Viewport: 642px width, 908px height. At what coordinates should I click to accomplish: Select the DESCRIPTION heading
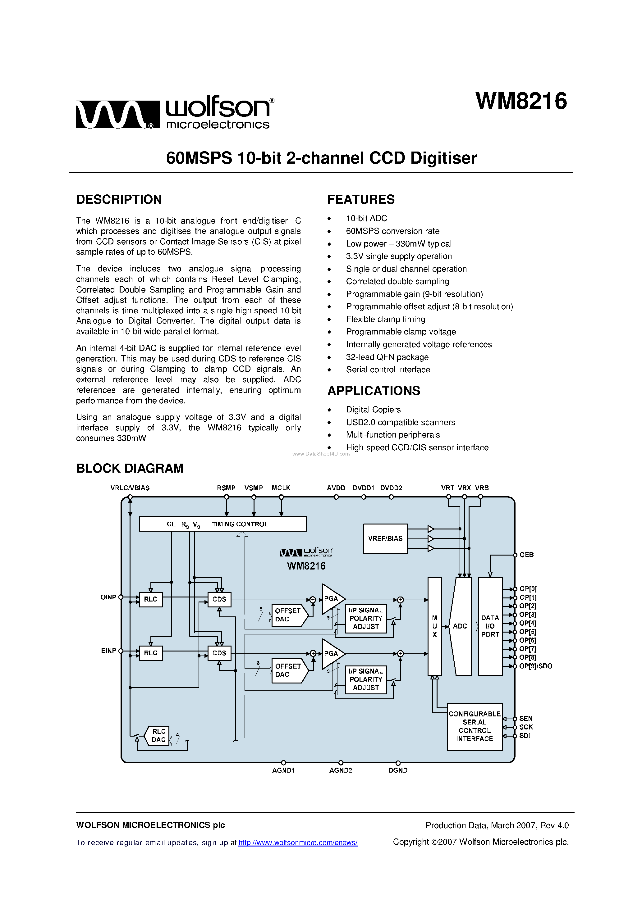[x=119, y=199]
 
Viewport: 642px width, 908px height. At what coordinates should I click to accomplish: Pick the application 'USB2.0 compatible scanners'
[x=400, y=422]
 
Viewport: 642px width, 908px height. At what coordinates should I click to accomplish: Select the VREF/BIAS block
[x=385, y=538]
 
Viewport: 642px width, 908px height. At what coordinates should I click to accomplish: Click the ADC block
[x=460, y=626]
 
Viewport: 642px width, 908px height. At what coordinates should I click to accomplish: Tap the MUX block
[x=435, y=626]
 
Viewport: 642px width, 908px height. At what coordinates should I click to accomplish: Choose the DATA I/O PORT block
[x=490, y=626]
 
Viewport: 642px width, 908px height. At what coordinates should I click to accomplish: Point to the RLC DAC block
[x=158, y=736]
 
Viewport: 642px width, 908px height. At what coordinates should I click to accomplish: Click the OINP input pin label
[x=108, y=597]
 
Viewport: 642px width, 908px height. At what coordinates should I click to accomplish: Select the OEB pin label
[x=526, y=555]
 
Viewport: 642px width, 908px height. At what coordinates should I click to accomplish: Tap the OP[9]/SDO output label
[x=535, y=666]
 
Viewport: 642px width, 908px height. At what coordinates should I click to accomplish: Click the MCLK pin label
[x=281, y=488]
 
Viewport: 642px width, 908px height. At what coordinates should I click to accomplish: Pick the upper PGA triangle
[x=331, y=599]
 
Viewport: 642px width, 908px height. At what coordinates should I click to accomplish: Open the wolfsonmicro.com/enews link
[x=298, y=843]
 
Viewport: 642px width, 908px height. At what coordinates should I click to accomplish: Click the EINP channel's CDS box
[x=219, y=653]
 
